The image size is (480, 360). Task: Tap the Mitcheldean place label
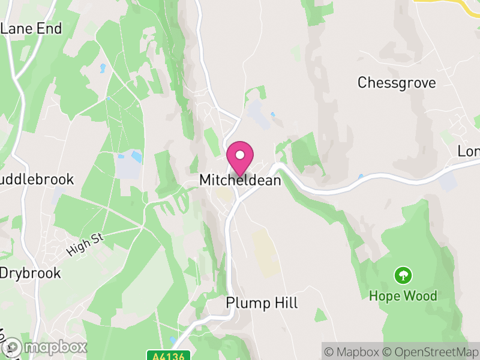[240, 180]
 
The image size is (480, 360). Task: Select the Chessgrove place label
[397, 83]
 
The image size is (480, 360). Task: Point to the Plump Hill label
[262, 303]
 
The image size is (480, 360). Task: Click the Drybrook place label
[30, 273]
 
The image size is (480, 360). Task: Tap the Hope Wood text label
[403, 296]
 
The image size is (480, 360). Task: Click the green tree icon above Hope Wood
[403, 276]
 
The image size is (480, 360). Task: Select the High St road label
[85, 245]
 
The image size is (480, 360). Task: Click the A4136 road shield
[167, 356]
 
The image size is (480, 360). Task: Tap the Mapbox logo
[44, 347]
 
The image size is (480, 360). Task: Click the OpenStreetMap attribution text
[433, 352]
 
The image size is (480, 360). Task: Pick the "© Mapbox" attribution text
[353, 352]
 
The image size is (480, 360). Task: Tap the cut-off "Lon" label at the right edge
[469, 151]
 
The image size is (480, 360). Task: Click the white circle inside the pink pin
[240, 155]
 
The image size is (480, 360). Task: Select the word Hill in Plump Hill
[284, 303]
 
